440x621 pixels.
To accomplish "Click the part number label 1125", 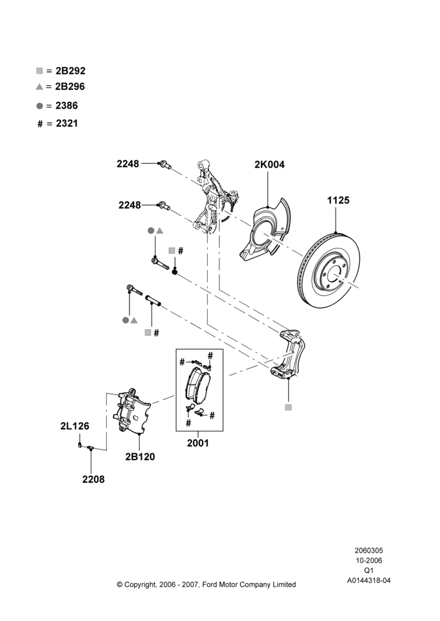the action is [338, 201].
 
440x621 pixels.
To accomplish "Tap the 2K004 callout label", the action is [270, 165].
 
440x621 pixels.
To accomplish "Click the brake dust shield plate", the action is [264, 229].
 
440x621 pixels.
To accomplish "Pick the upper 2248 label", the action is [127, 163].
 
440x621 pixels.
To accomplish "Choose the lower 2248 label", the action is [130, 205].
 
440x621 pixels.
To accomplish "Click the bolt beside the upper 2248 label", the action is [165, 165].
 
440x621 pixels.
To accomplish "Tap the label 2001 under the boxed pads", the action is [198, 443].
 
